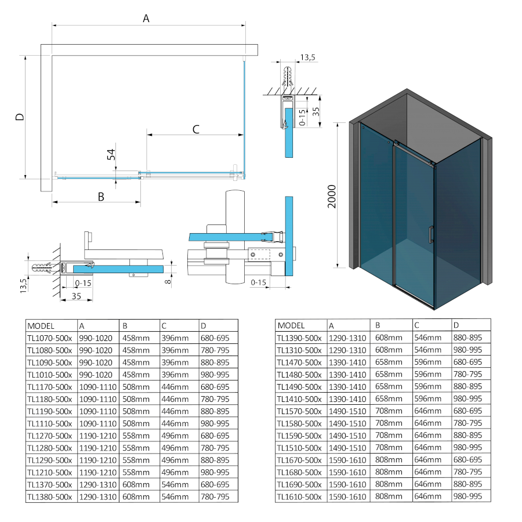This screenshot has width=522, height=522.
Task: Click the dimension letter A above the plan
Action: point(146,19)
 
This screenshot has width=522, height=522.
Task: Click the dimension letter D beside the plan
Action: point(20,117)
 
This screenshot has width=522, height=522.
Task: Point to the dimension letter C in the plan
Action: point(195,129)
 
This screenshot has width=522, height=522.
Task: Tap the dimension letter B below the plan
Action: point(100,197)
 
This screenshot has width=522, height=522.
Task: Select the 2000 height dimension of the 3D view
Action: point(331,197)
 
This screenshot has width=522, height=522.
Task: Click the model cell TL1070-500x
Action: point(49,338)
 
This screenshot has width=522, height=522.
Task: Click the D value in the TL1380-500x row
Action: point(215,496)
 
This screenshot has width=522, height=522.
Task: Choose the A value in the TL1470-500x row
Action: point(347,362)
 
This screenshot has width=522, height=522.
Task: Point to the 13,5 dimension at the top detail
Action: point(306,57)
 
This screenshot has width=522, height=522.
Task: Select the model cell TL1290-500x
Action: point(49,459)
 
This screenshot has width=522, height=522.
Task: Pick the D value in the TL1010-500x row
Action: point(215,374)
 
